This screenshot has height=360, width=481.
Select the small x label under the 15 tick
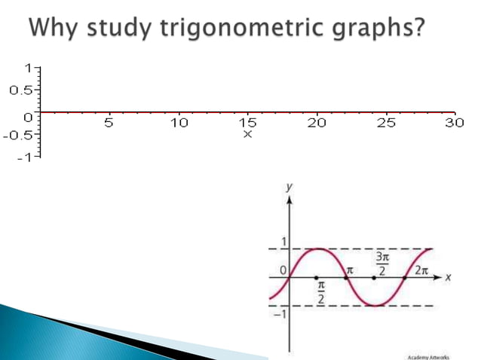pos(247,134)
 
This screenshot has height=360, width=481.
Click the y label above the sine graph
pos(290,186)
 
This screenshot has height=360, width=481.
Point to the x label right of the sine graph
pos(447,277)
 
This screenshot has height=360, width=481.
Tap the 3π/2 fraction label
pos(383,263)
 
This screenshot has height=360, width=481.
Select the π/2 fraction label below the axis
pos(320,293)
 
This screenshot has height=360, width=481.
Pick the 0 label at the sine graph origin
pos(283,269)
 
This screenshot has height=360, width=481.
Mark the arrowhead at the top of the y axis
pos(290,200)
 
